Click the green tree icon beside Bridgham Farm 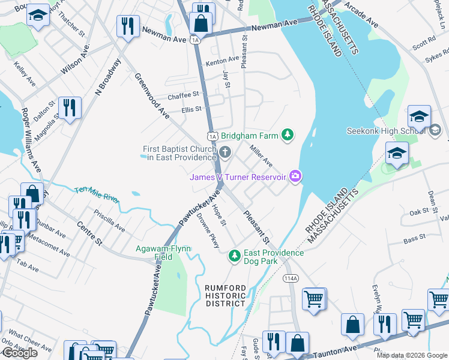[x=288, y=135]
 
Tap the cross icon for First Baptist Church [x=225, y=151]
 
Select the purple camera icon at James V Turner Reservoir [x=295, y=176]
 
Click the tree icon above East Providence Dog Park [x=235, y=257]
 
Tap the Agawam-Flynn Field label [x=163, y=252]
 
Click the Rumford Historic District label [x=225, y=295]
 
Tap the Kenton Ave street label [x=222, y=61]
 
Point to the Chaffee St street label [x=183, y=95]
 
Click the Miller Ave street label [x=261, y=155]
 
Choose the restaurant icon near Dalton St [x=70, y=109]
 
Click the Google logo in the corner [x=20, y=353]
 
